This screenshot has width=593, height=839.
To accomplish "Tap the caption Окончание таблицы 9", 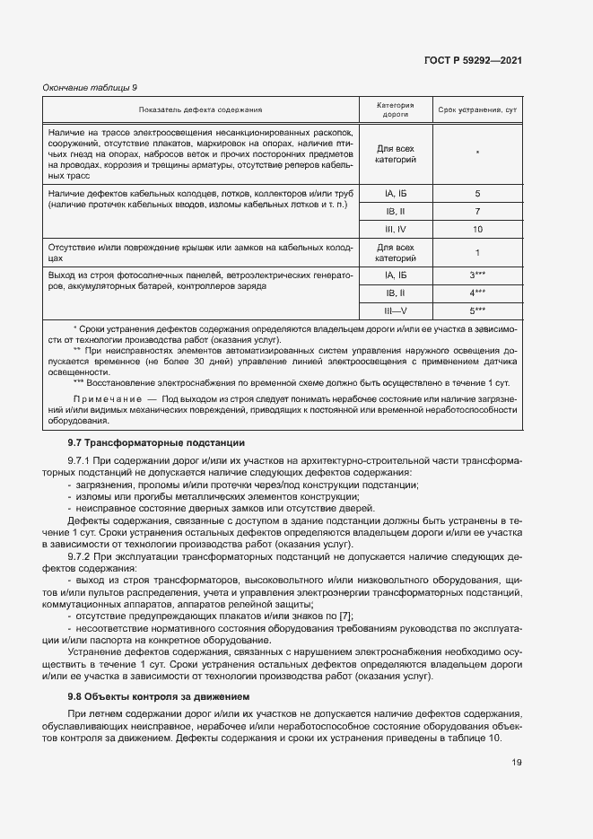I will (x=90, y=87).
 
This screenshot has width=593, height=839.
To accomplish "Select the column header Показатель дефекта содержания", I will (x=200, y=109).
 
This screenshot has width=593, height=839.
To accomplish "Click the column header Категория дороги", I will (x=396, y=109).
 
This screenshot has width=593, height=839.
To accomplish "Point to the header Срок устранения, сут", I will (x=476, y=109).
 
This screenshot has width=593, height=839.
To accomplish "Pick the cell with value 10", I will (x=477, y=230).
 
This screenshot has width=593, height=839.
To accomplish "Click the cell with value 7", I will (x=477, y=212).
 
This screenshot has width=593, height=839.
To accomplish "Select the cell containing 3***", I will (x=477, y=275).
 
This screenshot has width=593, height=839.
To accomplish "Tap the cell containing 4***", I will (x=477, y=293).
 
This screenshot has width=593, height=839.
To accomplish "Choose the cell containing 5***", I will (x=477, y=310).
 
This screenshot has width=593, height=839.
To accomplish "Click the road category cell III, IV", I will (x=396, y=230).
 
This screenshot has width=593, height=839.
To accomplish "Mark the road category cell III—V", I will (x=396, y=310).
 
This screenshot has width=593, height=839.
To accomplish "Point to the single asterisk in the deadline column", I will (x=477, y=153).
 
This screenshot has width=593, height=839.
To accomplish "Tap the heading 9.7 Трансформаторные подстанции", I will (x=156, y=443).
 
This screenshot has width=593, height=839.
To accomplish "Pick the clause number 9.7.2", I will (x=83, y=555).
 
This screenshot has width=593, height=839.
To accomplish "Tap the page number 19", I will (x=517, y=764).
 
